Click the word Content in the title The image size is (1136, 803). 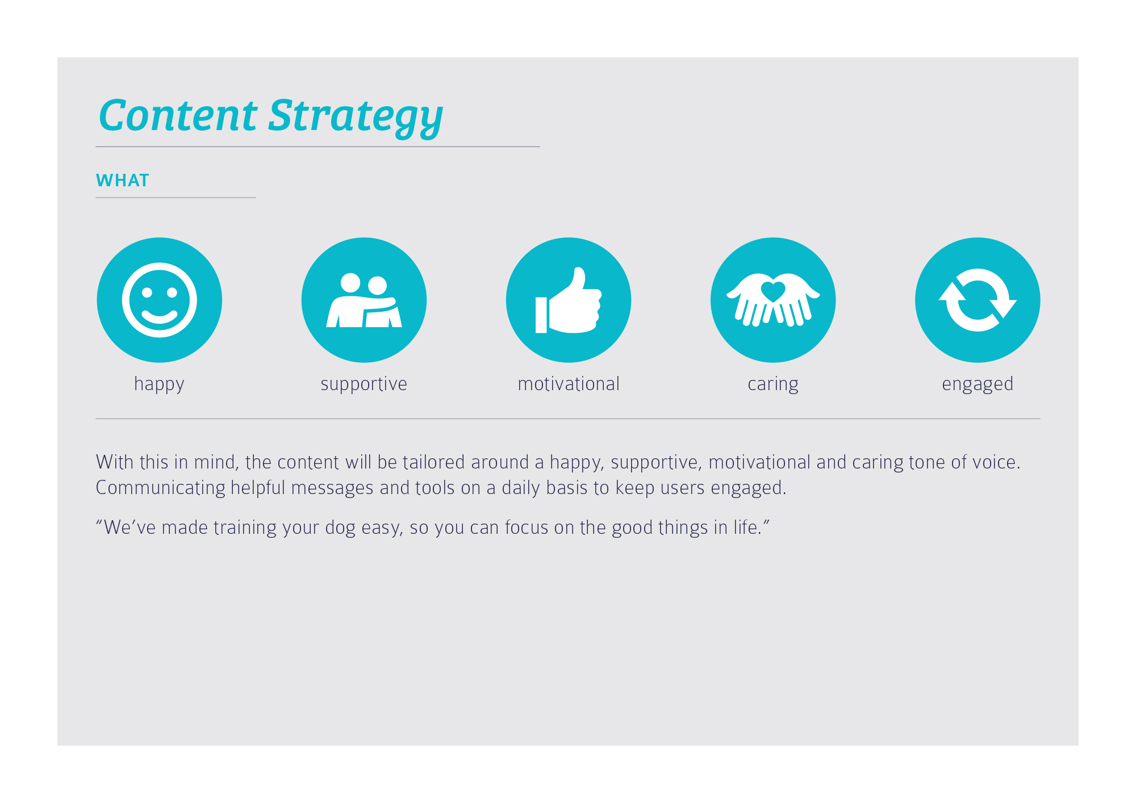pos(178,115)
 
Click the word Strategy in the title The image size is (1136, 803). pos(356,118)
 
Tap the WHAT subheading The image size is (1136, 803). pos(123,181)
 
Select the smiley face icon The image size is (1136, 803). pos(160,300)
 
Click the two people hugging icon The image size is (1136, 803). pos(364,300)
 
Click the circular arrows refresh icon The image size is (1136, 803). pos(978,300)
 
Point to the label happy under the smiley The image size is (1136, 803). pos(160,384)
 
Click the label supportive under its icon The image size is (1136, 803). pos(364,384)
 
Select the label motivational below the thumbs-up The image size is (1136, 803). pos(569,384)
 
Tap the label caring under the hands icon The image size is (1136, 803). pos(773,384)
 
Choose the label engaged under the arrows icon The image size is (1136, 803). pos(978,384)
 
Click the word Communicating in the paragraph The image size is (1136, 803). pos(161,488)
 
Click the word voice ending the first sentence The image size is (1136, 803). pos(997,462)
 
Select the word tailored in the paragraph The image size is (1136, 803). pos(434,462)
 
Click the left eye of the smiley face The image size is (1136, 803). pos(147,292)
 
